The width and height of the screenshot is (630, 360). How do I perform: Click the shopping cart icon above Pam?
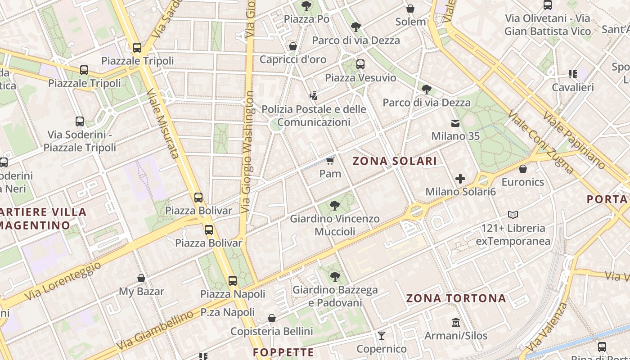pyautogui.click(x=330, y=161)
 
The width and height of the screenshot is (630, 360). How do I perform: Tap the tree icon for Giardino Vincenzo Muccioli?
pyautogui.click(x=334, y=206)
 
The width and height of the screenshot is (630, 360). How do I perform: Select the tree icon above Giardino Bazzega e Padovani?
pyautogui.click(x=334, y=276)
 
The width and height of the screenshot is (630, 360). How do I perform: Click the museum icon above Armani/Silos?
pyautogui.click(x=456, y=323)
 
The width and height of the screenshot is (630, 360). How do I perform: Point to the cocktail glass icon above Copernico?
pyautogui.click(x=382, y=335)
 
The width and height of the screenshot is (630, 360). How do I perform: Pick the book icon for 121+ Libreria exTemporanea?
pyautogui.click(x=513, y=215)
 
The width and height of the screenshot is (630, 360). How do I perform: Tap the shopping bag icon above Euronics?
pyautogui.click(x=523, y=169)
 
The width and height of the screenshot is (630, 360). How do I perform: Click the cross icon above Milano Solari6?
pyautogui.click(x=460, y=179)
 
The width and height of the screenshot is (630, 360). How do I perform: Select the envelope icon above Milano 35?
pyautogui.click(x=455, y=123)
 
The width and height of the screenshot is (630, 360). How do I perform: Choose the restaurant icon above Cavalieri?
pyautogui.click(x=573, y=74)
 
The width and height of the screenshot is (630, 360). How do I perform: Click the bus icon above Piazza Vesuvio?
pyautogui.click(x=360, y=64)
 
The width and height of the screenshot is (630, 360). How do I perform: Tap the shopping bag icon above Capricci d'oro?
pyautogui.click(x=293, y=46)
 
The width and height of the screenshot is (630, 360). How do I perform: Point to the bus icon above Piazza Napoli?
pyautogui.click(x=233, y=281)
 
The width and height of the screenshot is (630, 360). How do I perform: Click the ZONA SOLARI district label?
pyautogui.click(x=395, y=161)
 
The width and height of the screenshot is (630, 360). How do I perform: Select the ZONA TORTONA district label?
pyautogui.click(x=456, y=298)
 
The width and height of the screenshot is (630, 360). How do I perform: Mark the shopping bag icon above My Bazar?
pyautogui.click(x=141, y=278)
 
